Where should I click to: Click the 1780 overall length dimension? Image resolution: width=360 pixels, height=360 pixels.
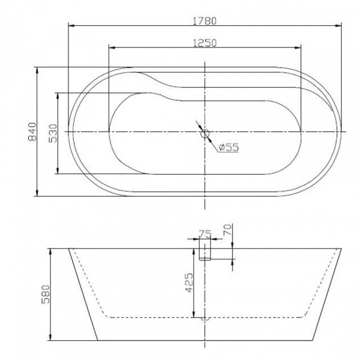pyautogui.click(x=205, y=21)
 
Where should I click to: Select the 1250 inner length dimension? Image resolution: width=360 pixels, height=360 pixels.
pyautogui.click(x=205, y=43)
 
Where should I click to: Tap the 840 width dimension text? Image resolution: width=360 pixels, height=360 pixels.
pyautogui.click(x=32, y=132)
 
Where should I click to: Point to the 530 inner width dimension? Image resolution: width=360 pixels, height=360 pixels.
pyautogui.click(x=53, y=133)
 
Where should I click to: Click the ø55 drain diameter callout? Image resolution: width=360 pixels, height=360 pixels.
pyautogui.click(x=229, y=147)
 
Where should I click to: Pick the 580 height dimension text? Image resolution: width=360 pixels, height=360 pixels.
pyautogui.click(x=46, y=295)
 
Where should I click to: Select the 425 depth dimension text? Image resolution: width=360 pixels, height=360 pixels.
pyautogui.click(x=189, y=283)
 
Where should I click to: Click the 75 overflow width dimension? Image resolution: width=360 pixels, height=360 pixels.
pyautogui.click(x=205, y=234)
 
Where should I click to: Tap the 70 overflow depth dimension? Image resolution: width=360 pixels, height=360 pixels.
pyautogui.click(x=227, y=230)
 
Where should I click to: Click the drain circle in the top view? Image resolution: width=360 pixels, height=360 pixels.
pyautogui.click(x=205, y=134)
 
